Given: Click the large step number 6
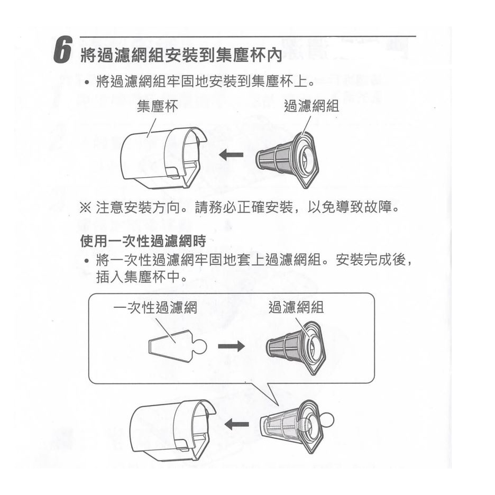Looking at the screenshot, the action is (62, 50).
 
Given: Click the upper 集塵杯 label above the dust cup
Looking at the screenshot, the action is (157, 106).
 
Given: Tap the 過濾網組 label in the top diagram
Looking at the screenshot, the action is (311, 106).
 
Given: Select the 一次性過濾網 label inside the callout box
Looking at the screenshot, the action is (155, 307).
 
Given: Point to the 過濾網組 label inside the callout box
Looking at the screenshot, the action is (296, 307).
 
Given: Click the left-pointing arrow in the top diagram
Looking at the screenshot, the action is (231, 154).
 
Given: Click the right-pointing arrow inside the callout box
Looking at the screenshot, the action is (231, 346).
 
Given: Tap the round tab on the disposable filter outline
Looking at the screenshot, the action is (200, 346).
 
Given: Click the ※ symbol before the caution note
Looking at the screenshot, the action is (85, 208).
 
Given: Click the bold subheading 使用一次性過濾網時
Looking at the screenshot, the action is (143, 242).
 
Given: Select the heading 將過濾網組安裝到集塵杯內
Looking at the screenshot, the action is (181, 55).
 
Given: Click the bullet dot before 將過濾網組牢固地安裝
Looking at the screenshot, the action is (86, 82).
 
